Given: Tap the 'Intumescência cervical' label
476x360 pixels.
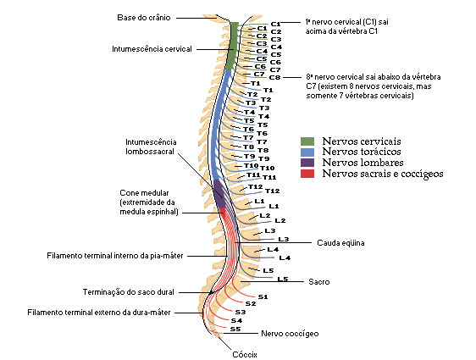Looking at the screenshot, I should tap(152, 49).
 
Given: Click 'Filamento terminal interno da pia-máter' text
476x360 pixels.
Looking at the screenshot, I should tap(115, 255).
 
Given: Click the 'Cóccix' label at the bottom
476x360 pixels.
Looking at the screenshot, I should tap(244, 354).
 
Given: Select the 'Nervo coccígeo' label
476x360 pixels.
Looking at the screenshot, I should tap(290, 334).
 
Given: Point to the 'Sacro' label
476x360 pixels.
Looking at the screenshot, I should tap(318, 281).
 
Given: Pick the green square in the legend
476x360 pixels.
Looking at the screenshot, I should tap(307, 141).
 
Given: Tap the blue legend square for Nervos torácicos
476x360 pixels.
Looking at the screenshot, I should tap(307, 152).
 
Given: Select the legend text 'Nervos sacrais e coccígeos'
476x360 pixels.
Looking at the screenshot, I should tap(383, 174).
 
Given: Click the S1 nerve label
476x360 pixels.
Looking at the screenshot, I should tap(263, 297).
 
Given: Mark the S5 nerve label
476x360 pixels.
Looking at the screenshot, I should tap(235, 329).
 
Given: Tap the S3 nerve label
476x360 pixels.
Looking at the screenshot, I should tap(240, 312).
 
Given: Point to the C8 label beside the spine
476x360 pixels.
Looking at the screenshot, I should tap(274, 77).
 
